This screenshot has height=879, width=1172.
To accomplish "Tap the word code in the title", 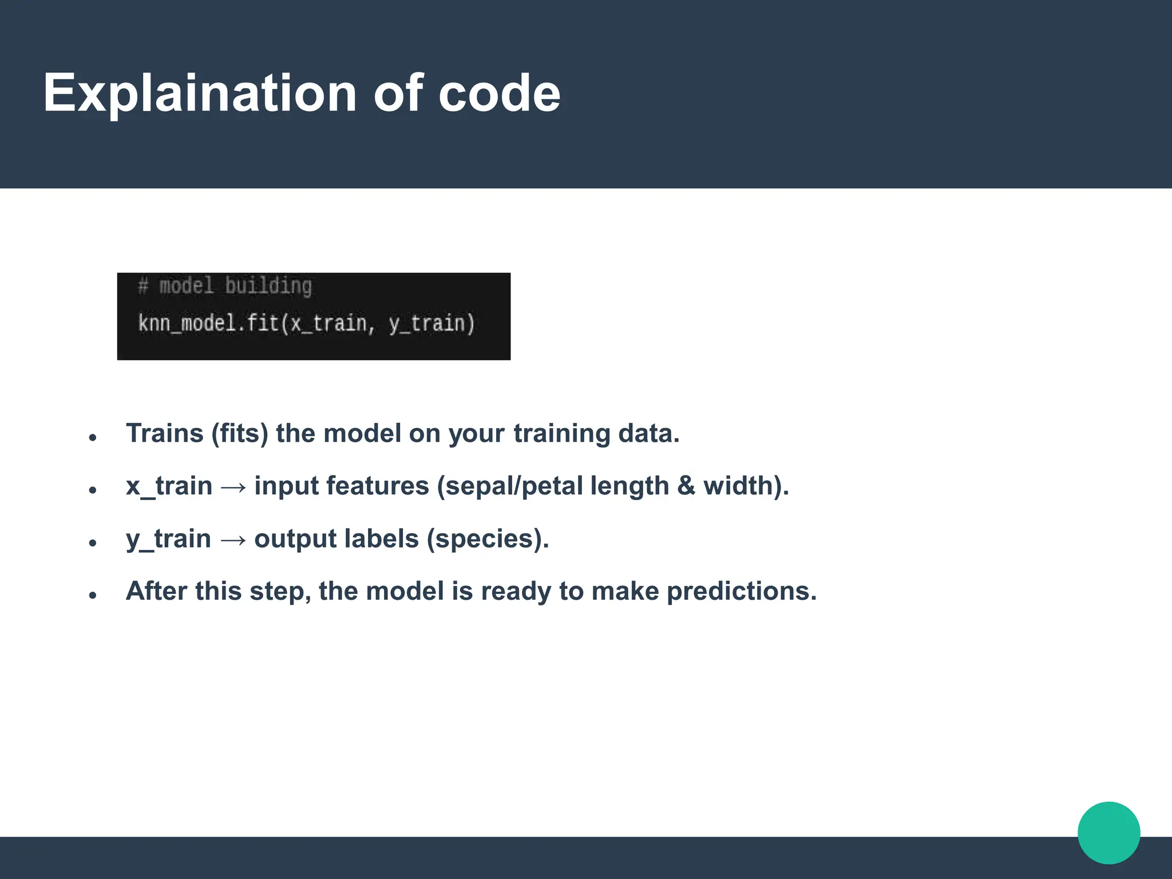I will tap(499, 93).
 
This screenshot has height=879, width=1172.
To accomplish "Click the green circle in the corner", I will tap(1108, 833).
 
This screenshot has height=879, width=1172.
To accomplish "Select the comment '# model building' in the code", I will tap(225, 286).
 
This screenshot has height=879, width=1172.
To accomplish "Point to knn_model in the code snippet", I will tap(187, 324).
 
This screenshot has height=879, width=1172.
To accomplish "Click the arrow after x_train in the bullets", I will tap(233, 487).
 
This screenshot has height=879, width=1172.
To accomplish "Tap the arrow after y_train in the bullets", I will tap(233, 540).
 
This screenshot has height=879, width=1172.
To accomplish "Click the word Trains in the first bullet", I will tap(165, 433).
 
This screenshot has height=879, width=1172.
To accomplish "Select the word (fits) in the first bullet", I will tap(240, 433).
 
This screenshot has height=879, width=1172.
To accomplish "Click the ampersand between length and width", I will tap(686, 486).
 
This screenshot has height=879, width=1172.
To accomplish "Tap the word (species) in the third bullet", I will tap(488, 539).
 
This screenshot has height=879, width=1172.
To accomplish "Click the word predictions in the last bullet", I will tap(742, 591).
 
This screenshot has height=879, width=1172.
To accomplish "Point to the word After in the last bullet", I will tap(156, 591).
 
